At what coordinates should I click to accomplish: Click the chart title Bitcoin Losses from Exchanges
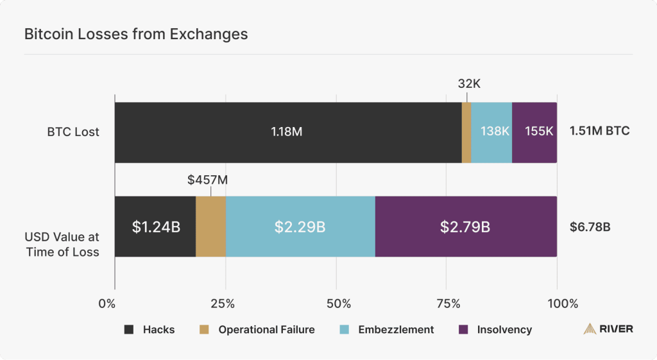pos(136,35)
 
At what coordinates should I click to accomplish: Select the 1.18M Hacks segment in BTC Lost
pos(287,132)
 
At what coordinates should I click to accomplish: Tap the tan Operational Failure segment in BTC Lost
pos(466,132)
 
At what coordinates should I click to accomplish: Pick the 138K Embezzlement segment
pos(491,132)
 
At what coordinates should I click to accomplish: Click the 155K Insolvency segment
pos(534,132)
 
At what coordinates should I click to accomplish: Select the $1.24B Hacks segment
pos(155,227)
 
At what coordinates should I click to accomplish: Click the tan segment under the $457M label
pos(210,227)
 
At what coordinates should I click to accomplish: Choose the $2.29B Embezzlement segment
pos(300,227)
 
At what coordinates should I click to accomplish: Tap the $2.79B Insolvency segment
pos(466,227)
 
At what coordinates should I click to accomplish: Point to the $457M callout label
pos(208,180)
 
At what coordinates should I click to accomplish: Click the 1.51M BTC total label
pos(600,131)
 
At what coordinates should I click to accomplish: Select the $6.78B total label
pos(590,227)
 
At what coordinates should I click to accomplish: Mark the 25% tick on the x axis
pos(225,302)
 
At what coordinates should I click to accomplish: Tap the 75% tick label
pos(447,302)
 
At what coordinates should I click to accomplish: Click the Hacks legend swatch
pos(129,330)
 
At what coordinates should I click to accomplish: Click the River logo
pos(608,329)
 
